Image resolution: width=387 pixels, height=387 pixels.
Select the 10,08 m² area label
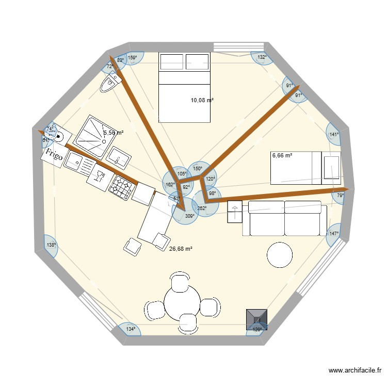(202, 101)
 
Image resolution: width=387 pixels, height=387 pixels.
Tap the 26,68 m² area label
(181, 249)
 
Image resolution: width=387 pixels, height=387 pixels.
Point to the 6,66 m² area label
(282, 155)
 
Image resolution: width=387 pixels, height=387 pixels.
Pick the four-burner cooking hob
(122, 187)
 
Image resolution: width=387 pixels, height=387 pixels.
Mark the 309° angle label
(190, 216)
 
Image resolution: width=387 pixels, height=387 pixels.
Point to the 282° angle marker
(202, 208)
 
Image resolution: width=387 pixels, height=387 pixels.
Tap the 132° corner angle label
(262, 57)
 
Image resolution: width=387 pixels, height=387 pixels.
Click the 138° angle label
(51, 246)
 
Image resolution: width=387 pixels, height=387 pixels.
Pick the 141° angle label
(334, 135)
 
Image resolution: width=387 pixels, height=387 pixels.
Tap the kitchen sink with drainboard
(77, 163)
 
